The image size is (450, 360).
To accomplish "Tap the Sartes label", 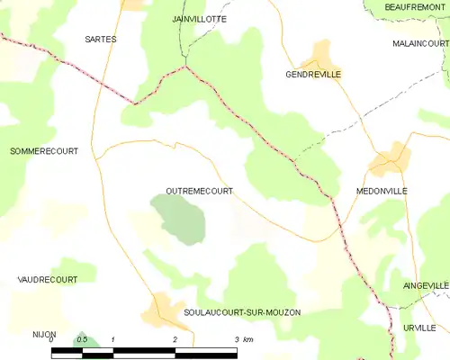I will (100, 40).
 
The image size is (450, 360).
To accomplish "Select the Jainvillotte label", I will (199, 18).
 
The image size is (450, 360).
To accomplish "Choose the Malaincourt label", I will (420, 43).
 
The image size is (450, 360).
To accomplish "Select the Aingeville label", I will (426, 285).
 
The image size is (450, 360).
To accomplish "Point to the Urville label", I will (419, 328).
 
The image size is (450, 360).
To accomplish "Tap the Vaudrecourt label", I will (47, 280).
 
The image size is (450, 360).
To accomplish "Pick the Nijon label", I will (32, 332).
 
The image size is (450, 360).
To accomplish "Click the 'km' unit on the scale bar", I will (248, 339).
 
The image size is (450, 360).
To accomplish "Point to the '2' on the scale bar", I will (175, 339).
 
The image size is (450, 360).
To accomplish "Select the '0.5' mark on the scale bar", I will (82, 339).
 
